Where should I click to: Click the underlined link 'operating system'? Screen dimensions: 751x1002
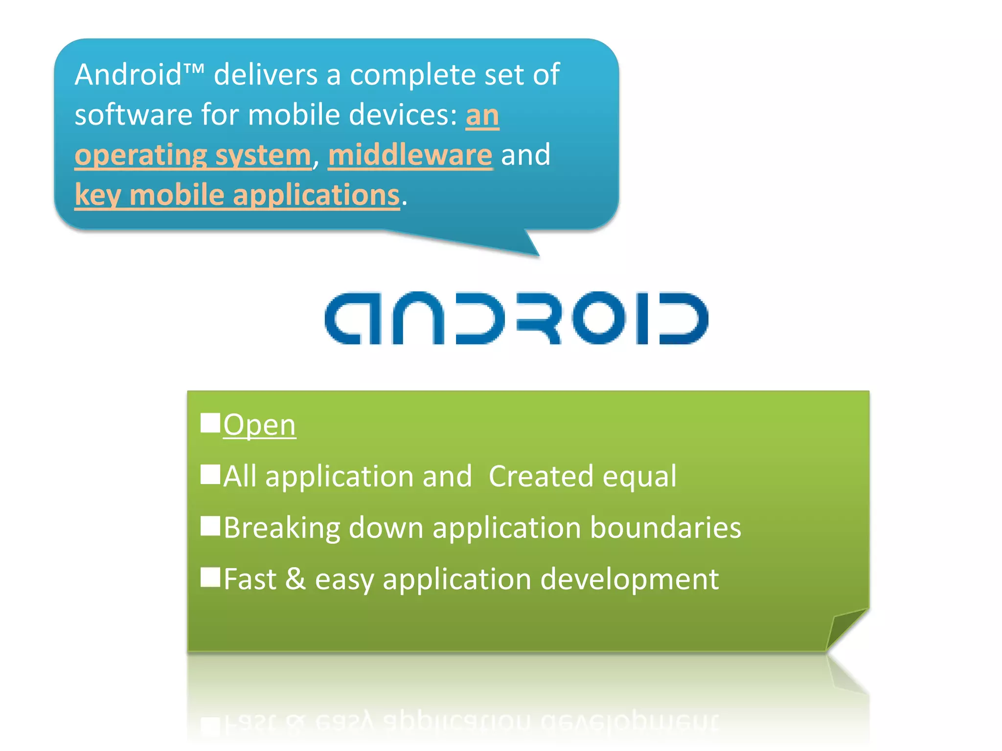pos(193,155)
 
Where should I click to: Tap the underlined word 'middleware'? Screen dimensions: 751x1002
pos(410,155)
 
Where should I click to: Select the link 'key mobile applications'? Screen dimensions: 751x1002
pos(237,196)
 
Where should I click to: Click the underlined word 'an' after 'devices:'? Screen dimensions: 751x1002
pos(482,115)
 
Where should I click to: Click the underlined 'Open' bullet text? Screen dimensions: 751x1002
pos(259,424)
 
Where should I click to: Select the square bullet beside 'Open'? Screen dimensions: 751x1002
pos(210,423)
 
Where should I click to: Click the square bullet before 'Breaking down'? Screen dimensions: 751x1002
pos(210,526)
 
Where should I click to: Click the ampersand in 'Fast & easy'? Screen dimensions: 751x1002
pos(296,579)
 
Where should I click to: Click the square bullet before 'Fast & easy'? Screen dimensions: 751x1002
pos(210,577)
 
